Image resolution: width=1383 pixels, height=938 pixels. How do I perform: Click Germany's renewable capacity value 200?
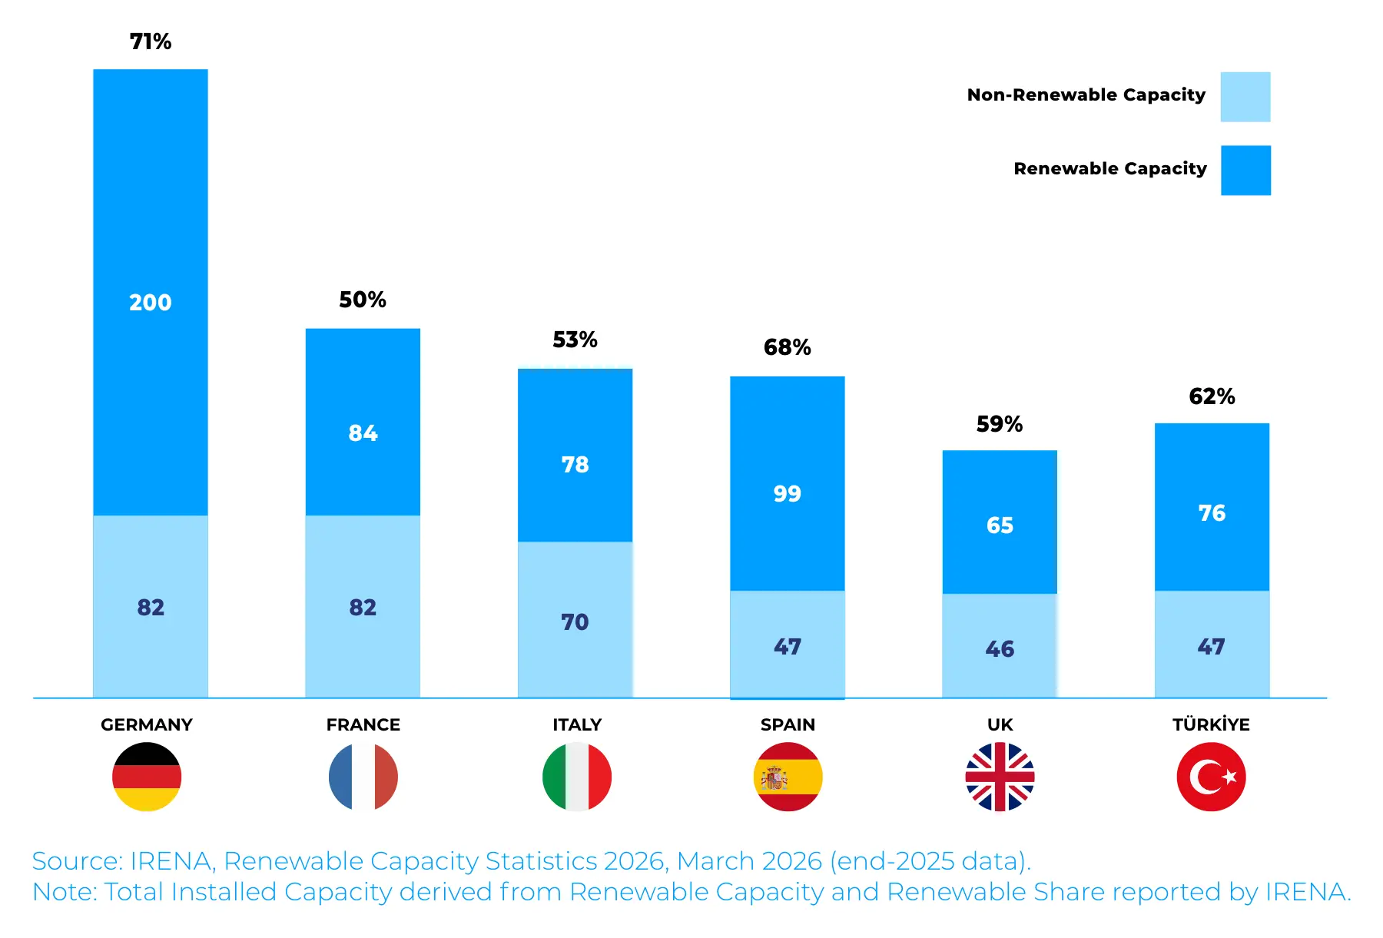(151, 303)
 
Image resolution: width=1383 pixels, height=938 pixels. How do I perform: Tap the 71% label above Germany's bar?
(151, 41)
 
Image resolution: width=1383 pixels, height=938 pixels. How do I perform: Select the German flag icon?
(147, 777)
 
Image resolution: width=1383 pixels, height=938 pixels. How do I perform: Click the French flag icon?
(363, 777)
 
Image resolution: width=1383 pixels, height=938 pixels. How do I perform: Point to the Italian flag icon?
(577, 777)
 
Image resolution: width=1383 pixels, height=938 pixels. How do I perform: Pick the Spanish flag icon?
(788, 777)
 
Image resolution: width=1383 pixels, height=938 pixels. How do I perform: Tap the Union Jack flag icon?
(1000, 777)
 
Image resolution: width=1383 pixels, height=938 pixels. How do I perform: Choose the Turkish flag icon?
(1211, 777)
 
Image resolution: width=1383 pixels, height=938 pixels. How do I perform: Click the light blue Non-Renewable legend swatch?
(1245, 97)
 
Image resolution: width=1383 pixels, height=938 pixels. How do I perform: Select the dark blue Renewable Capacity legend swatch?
(1245, 171)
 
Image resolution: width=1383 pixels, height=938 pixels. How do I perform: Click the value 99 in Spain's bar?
(788, 494)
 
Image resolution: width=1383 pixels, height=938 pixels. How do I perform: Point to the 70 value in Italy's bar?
(575, 622)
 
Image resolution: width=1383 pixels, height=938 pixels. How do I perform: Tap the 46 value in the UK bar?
(1000, 650)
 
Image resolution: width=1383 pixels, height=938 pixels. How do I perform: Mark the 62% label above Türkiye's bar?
(1212, 396)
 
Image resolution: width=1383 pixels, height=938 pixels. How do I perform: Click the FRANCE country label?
(363, 724)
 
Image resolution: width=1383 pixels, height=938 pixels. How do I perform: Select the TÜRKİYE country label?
(1211, 724)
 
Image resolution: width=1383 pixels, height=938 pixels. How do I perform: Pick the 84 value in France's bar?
(363, 433)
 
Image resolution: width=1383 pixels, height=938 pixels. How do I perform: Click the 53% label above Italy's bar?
(575, 340)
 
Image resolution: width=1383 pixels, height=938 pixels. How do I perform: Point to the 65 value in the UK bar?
(1000, 525)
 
